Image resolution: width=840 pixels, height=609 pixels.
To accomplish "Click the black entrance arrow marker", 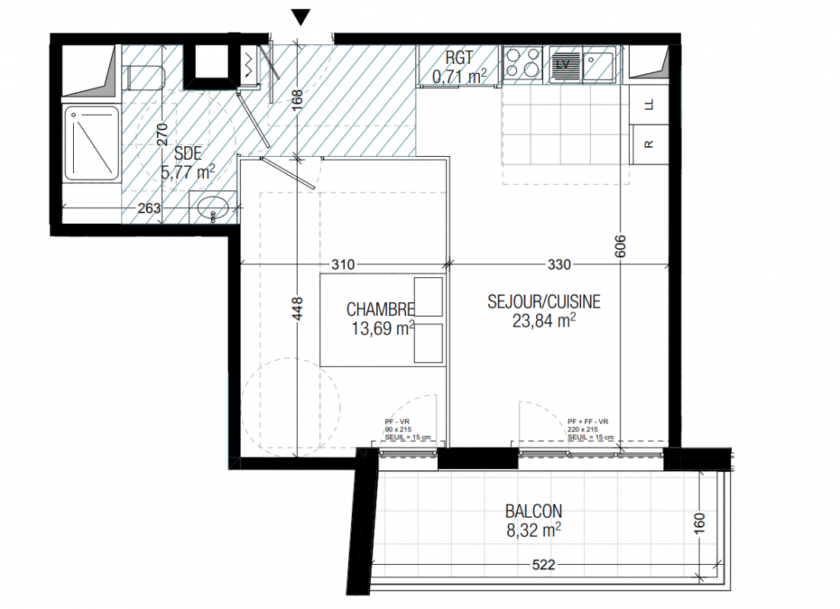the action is [x=301, y=18].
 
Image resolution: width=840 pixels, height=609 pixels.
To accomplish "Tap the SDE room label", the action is [x=188, y=154].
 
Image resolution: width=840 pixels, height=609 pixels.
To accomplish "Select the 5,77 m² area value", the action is [x=188, y=173].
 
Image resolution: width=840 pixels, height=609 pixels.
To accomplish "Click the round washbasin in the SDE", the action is [x=212, y=208].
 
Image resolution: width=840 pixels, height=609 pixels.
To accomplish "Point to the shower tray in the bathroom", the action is [x=91, y=144].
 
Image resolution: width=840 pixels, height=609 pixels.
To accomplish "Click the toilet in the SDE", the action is [x=145, y=78].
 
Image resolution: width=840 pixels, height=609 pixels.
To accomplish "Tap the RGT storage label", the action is [x=459, y=57].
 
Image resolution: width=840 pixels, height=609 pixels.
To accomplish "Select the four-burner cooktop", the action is [x=523, y=63].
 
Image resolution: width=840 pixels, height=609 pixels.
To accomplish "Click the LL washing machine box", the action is [x=650, y=104].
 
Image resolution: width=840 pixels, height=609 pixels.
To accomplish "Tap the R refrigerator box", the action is [x=650, y=144].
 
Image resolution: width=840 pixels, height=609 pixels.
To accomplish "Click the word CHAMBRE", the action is [x=380, y=310].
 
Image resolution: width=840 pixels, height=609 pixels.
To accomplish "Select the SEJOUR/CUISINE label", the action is [x=544, y=301].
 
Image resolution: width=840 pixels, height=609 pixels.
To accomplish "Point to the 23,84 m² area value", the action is [x=544, y=320].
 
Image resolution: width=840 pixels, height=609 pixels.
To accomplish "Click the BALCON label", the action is [x=534, y=511].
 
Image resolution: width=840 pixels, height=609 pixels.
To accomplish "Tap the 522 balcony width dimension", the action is [x=543, y=565].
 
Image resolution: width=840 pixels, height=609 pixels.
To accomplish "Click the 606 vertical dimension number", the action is [x=621, y=246].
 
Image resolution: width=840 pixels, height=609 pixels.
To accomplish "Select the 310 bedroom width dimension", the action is [x=343, y=264].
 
